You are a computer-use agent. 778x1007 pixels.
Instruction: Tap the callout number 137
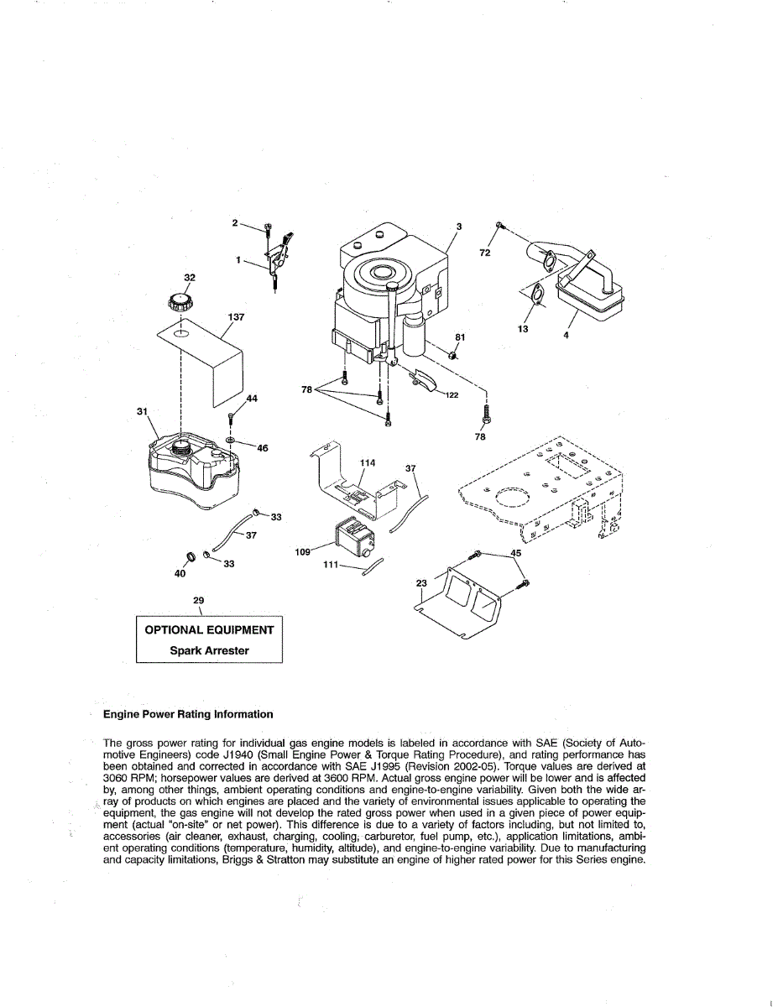pos(237,317)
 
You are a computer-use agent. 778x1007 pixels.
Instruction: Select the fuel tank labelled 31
pos(192,472)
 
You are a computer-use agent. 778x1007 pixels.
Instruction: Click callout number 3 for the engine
pos(459,227)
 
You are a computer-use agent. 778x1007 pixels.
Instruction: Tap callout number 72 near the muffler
pos(485,253)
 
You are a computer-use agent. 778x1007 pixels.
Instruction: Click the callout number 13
pos(523,330)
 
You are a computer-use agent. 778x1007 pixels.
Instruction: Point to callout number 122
pos(452,395)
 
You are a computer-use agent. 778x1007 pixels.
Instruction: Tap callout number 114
pos(367,463)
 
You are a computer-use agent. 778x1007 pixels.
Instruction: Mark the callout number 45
pos(515,553)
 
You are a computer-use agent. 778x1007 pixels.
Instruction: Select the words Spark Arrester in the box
pos(209,650)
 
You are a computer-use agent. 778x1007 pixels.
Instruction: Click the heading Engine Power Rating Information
pos(187,714)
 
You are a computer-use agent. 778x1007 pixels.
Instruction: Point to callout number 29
pos(199,601)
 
